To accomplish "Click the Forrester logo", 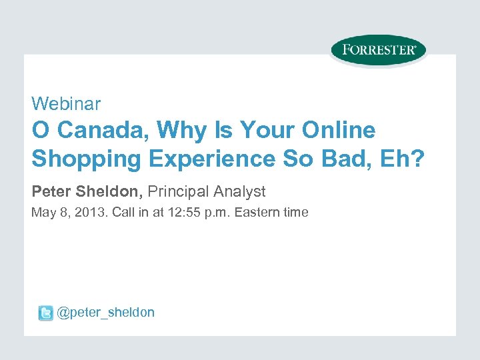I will click(x=378, y=50).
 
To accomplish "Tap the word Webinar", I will click(x=66, y=104).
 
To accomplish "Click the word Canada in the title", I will click(x=93, y=131).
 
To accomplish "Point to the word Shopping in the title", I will click(x=80, y=159).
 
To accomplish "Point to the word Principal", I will click(x=178, y=192).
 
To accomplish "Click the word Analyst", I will click(x=239, y=192).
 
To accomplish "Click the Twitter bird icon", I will click(x=45, y=313).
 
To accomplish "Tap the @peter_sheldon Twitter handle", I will click(x=105, y=313).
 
